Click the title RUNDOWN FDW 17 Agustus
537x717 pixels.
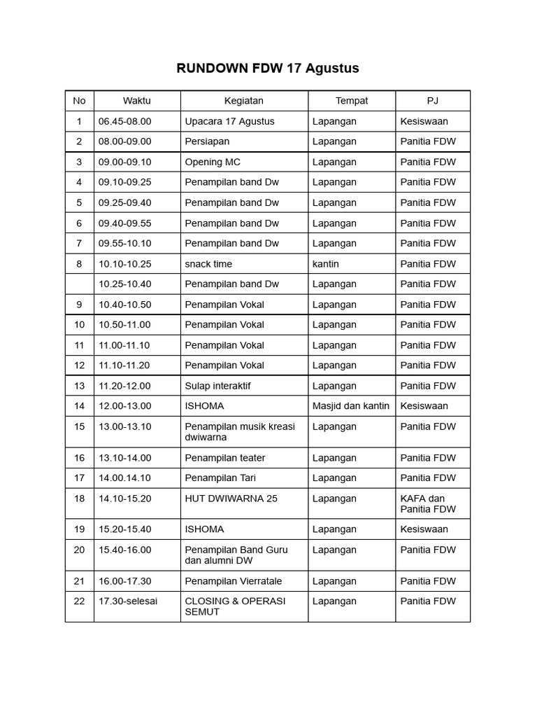pyautogui.click(x=268, y=68)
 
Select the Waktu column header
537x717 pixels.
pyautogui.click(x=137, y=101)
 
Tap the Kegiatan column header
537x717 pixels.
pyautogui.click(x=243, y=101)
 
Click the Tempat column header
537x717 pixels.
pyautogui.click(x=351, y=101)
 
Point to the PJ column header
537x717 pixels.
pyautogui.click(x=432, y=101)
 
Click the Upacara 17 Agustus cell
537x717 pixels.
pyautogui.click(x=229, y=121)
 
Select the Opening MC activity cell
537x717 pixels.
pyautogui.click(x=213, y=162)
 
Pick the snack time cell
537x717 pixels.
pyautogui.click(x=208, y=264)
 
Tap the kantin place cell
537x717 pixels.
pyautogui.click(x=326, y=264)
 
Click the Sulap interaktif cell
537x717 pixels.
pyautogui.click(x=217, y=386)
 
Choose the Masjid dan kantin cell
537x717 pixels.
pyautogui.click(x=351, y=406)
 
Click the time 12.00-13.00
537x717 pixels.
pyautogui.click(x=124, y=406)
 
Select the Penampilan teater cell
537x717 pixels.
pyautogui.click(x=225, y=458)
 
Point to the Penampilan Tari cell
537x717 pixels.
pyautogui.click(x=220, y=478)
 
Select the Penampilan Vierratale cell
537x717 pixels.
pyautogui.click(x=231, y=581)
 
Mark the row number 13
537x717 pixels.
pyautogui.click(x=79, y=386)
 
